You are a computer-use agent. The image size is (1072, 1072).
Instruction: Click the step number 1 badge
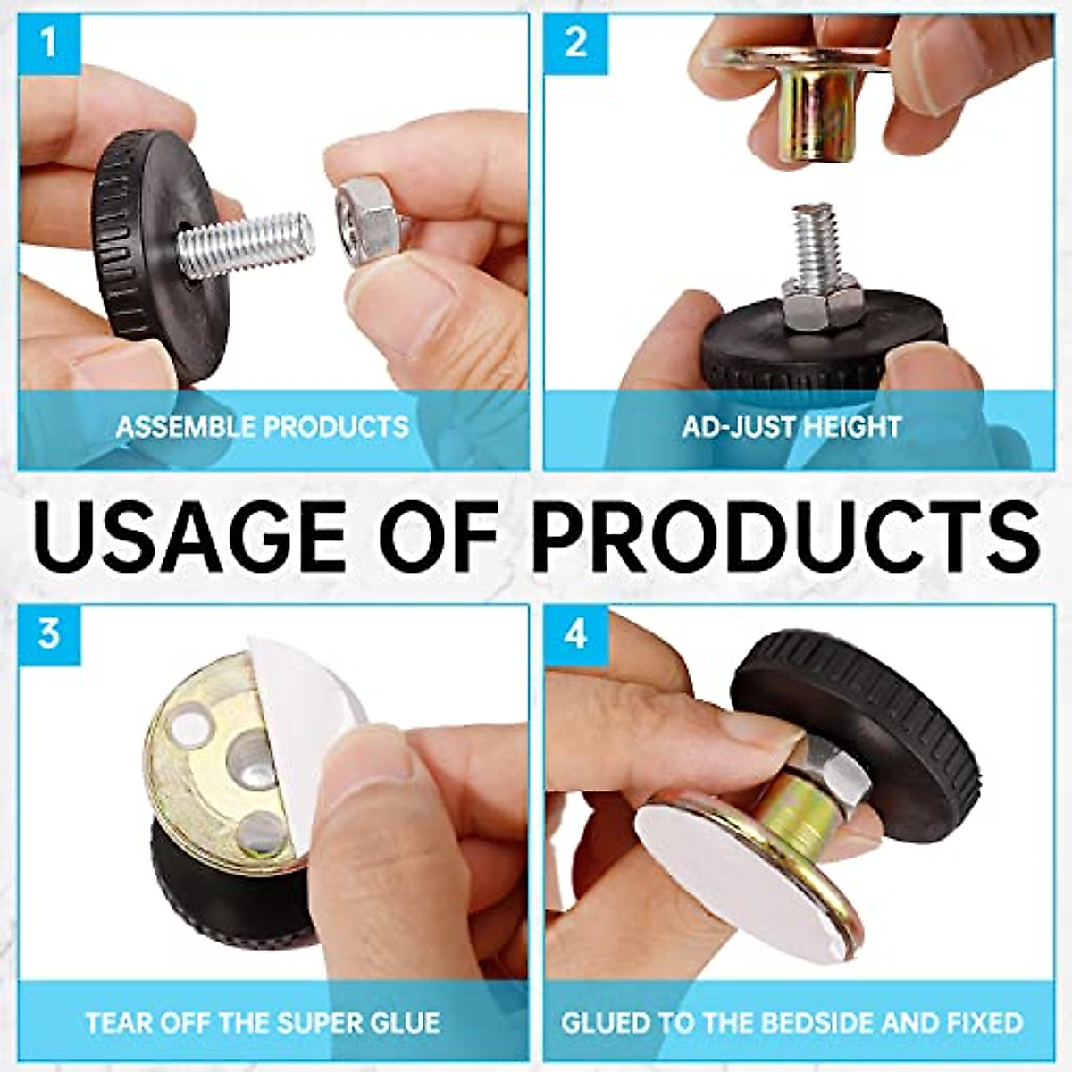pyautogui.click(x=48, y=42)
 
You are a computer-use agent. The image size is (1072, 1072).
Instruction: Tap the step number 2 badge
pyautogui.click(x=576, y=42)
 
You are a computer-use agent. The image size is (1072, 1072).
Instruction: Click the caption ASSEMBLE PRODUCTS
pyautogui.click(x=263, y=425)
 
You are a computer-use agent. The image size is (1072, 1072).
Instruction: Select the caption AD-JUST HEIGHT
pyautogui.click(x=791, y=425)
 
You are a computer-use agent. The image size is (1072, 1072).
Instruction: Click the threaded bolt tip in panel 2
pyautogui.click(x=814, y=241)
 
